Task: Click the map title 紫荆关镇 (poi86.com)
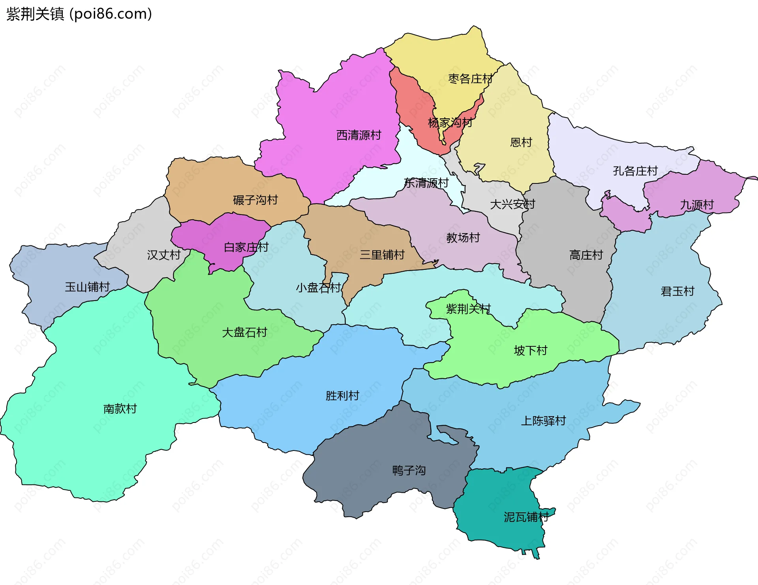click(79, 14)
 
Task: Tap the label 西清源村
click(358, 135)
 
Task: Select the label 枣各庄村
click(470, 79)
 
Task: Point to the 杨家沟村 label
click(450, 123)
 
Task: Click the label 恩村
click(521, 142)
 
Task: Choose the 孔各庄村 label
click(635, 171)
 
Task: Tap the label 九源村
click(697, 205)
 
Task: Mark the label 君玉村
click(677, 292)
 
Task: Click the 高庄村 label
click(586, 255)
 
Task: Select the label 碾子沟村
click(255, 200)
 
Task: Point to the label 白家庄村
click(246, 247)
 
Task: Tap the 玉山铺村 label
click(87, 287)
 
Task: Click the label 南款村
click(120, 409)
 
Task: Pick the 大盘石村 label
click(244, 333)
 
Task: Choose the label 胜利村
click(342, 396)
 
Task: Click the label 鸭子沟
click(409, 470)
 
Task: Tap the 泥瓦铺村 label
click(526, 517)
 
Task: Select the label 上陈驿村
click(543, 421)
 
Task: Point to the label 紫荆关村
click(468, 309)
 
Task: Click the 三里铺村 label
click(382, 255)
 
